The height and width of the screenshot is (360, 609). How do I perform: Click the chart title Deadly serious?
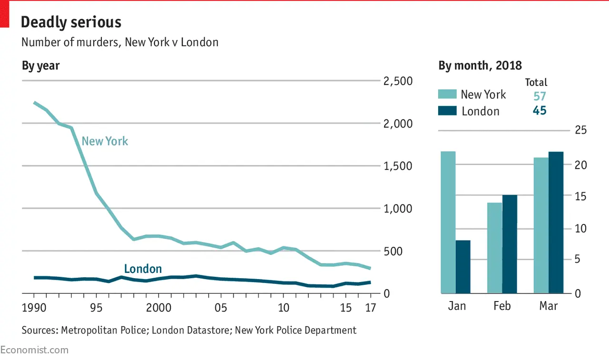tap(71, 22)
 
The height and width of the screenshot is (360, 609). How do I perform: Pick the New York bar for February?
tap(495, 248)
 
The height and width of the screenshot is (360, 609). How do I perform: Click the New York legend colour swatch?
tap(446, 94)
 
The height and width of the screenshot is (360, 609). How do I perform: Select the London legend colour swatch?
tap(446, 110)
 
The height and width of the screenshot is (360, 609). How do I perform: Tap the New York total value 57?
tap(539, 96)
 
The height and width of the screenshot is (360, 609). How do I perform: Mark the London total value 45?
tap(539, 111)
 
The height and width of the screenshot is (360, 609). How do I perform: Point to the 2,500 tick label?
tap(398, 81)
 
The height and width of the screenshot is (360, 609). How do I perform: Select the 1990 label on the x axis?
tap(34, 307)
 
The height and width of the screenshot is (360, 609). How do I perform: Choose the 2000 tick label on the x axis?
tap(158, 307)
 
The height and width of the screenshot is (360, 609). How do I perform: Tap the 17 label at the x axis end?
tap(370, 307)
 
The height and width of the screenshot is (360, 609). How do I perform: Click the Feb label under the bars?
tap(502, 306)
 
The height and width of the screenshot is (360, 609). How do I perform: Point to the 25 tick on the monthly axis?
tap(580, 131)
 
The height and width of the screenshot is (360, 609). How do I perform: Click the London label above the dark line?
tap(143, 269)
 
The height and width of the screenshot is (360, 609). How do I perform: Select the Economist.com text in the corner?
tap(34, 350)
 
